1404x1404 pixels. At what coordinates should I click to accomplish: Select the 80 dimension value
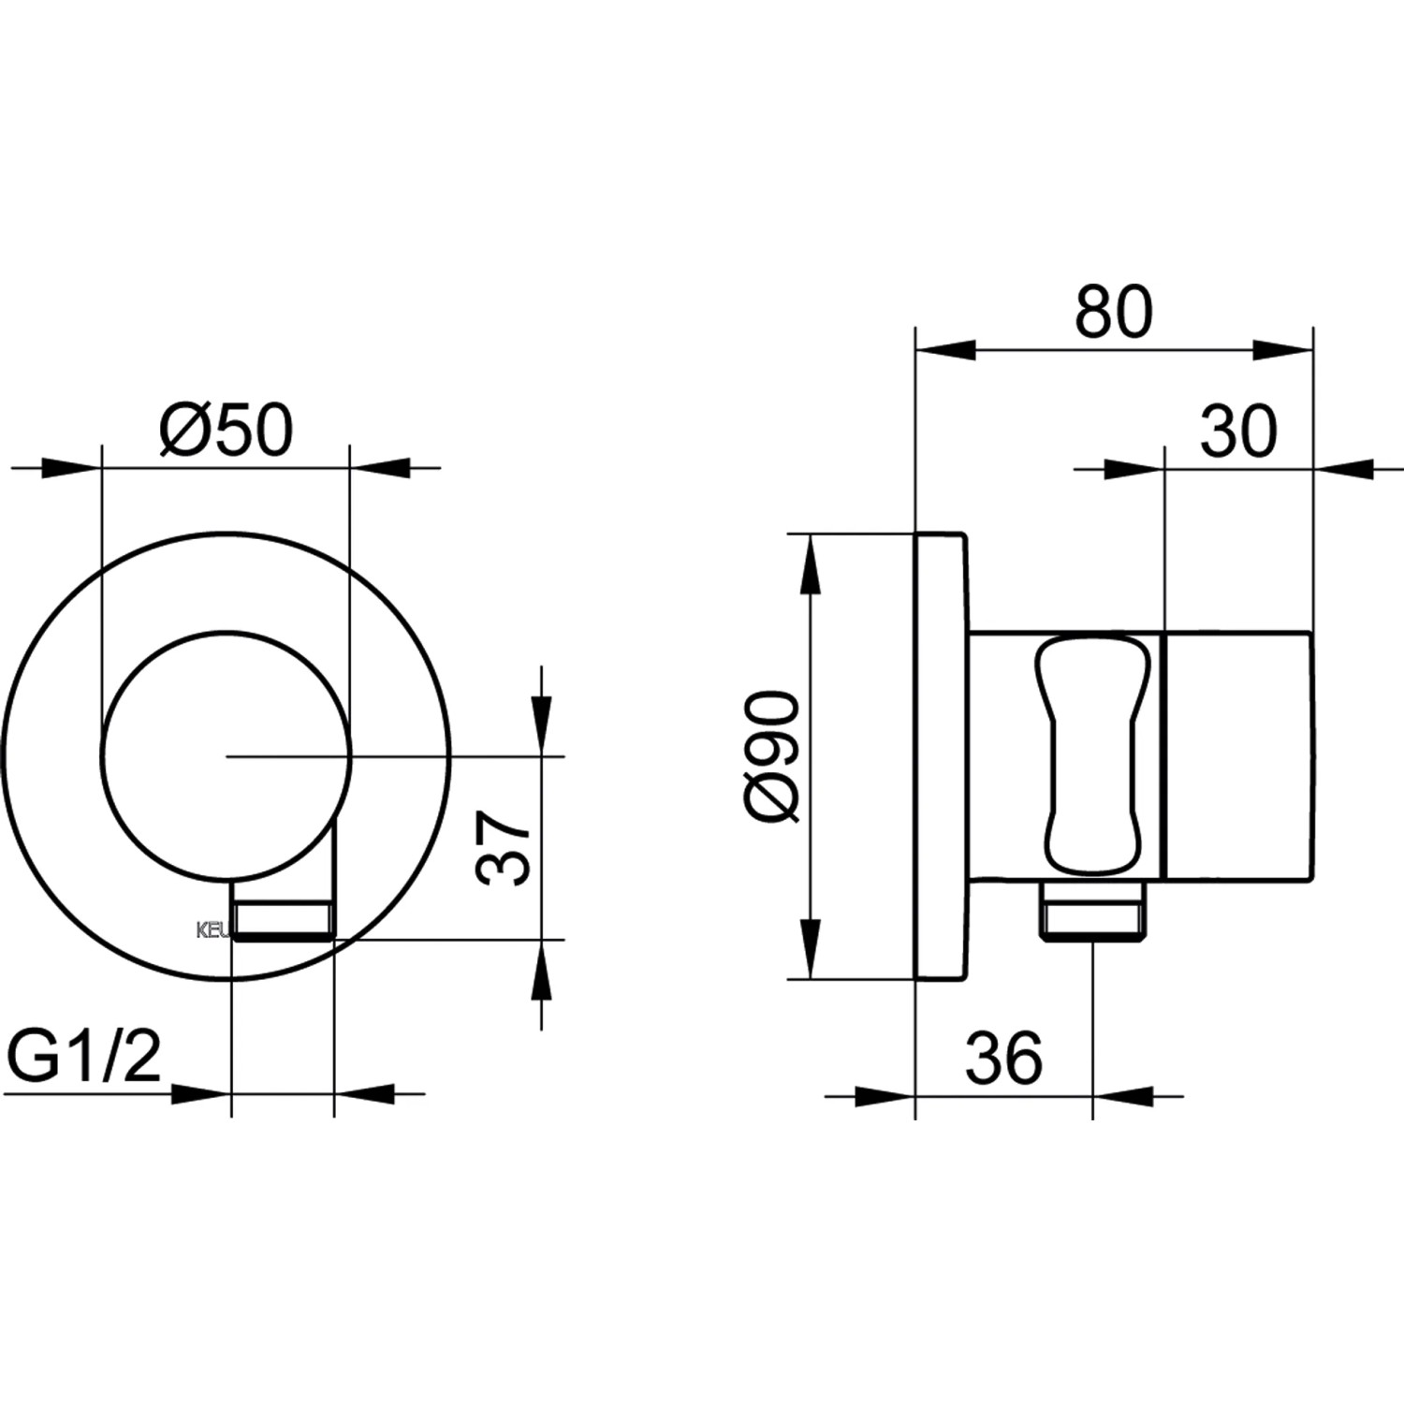coord(1113,313)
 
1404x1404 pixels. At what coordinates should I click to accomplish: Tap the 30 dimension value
coord(1237,431)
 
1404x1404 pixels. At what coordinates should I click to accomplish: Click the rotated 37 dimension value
coord(504,848)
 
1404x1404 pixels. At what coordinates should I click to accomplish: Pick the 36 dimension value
coord(1002,1059)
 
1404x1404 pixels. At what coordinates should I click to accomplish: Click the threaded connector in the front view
coord(284,919)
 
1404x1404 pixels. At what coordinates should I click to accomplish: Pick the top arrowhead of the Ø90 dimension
coord(810,563)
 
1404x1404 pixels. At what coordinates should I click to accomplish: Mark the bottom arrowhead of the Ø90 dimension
coord(810,950)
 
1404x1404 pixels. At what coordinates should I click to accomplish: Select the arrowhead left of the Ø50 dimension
coord(69,468)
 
